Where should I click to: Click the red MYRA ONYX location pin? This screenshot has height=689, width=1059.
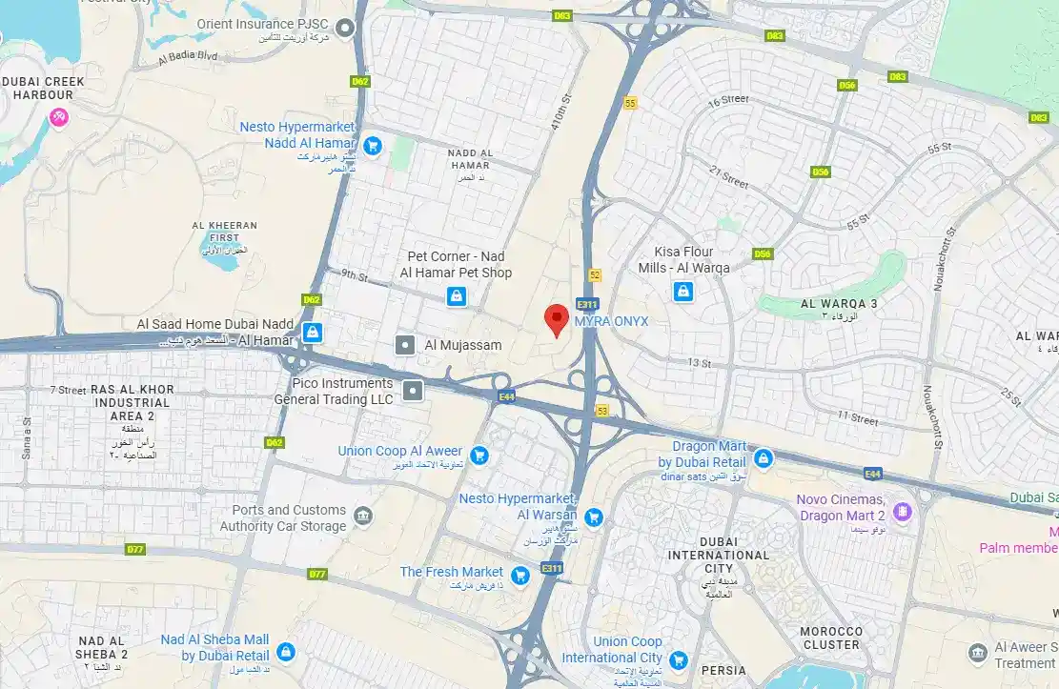point(557,318)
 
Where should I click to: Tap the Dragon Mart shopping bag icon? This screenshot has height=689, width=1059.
point(763,459)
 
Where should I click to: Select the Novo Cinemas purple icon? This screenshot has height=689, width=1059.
point(901,513)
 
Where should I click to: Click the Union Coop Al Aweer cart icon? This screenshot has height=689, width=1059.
point(479,455)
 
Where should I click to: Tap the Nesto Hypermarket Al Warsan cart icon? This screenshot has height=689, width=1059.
point(594,517)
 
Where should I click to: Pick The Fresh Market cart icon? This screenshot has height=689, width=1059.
point(519,575)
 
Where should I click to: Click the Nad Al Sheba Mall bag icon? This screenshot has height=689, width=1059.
point(285,652)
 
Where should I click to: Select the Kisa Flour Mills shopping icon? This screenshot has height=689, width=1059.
point(682,292)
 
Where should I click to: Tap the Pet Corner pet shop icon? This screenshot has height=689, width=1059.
point(458,296)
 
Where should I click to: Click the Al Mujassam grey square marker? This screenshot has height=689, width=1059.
point(405,345)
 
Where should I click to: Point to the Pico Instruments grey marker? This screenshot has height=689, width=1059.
point(413,390)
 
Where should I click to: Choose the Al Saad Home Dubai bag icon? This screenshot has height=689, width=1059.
point(311,332)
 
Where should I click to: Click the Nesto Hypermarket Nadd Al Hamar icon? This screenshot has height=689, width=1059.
point(373,145)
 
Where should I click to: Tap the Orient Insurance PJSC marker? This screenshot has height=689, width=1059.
point(347,28)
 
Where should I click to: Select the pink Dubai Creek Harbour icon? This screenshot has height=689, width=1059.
point(59,118)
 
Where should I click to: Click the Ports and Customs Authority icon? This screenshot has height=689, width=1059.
point(363,517)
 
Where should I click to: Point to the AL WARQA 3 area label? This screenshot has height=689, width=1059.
point(839,304)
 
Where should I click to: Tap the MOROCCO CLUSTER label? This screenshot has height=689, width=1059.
point(830,638)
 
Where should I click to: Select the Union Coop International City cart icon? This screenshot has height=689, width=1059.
point(678,659)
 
